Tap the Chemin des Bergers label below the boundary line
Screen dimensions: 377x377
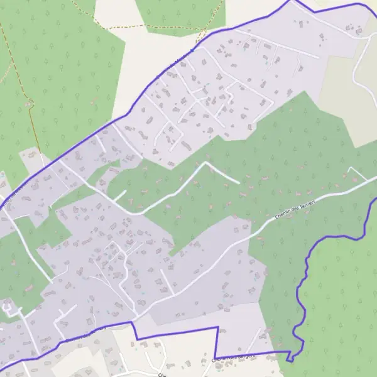(234, 358)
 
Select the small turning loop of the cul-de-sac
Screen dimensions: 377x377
(8, 307)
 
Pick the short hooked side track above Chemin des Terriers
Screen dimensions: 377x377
(356, 172)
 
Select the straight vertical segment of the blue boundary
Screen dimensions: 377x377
(218, 342)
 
